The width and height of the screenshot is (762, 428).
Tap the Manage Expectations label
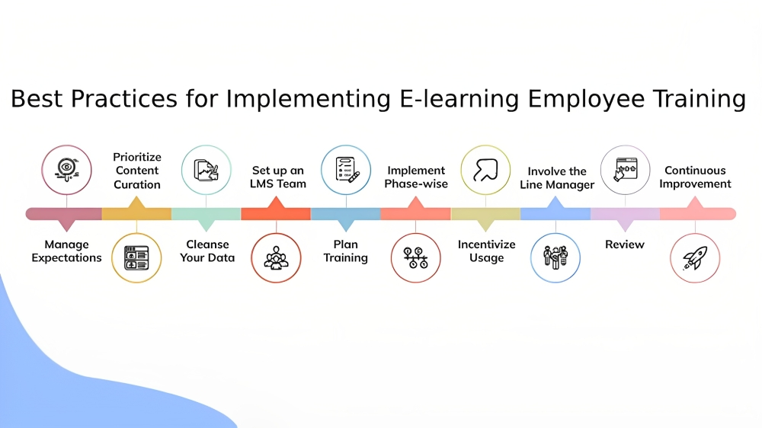click(66, 251)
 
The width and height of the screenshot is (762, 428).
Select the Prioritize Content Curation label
click(137, 171)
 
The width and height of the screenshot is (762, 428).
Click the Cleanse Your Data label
click(207, 251)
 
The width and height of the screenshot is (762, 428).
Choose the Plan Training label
click(346, 251)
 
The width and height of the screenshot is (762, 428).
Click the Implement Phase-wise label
click(416, 177)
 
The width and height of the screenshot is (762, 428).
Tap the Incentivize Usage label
click(486, 251)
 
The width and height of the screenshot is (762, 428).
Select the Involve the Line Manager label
click(557, 177)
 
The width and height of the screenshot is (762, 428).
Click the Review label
click(625, 244)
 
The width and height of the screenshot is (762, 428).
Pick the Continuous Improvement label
click(695, 177)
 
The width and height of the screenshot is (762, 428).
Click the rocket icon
click(695, 258)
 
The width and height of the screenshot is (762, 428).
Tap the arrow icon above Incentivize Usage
click(485, 170)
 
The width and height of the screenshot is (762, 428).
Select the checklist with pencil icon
click(346, 170)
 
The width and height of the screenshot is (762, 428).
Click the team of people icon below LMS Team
click(276, 258)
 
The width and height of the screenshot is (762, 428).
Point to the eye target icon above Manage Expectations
click(66, 170)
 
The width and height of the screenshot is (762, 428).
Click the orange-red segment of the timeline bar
click(276, 214)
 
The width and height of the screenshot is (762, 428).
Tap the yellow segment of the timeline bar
click(136, 214)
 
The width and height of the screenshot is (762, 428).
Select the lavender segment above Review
click(625, 214)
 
